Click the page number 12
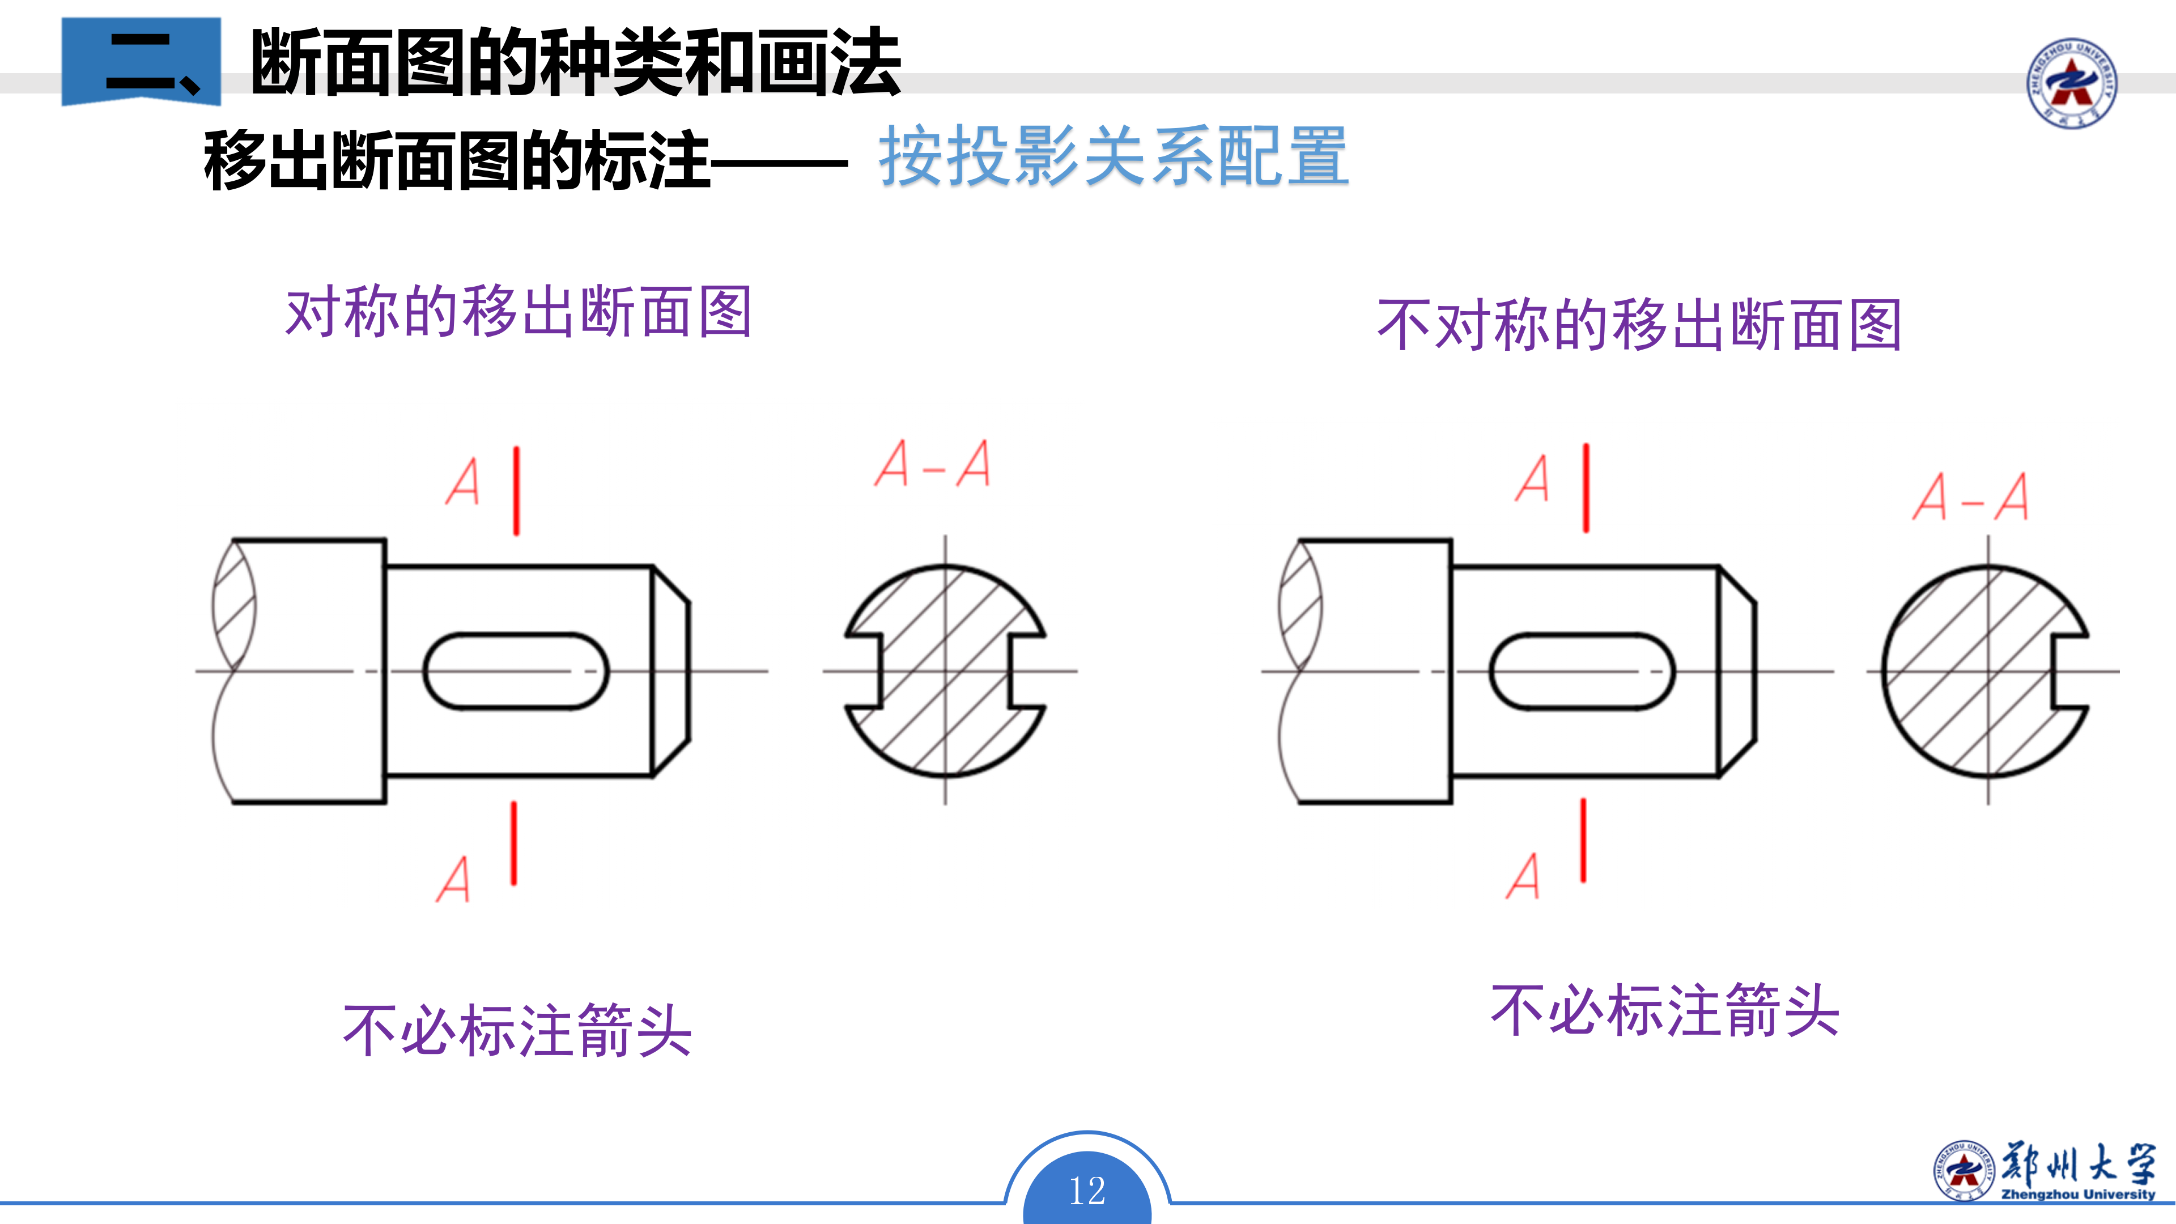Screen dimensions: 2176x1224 [x=1087, y=1191]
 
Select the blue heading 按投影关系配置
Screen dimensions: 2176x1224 [x=1113, y=156]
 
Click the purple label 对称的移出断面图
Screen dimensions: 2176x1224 [x=518, y=313]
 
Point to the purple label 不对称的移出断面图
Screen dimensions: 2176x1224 [x=1639, y=325]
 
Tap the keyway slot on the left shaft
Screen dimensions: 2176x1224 [x=515, y=671]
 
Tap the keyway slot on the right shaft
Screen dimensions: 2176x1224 [x=1582, y=671]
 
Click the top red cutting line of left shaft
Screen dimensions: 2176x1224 [x=516, y=491]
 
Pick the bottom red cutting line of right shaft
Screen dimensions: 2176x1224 [x=1583, y=840]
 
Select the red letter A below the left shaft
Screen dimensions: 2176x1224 [x=453, y=879]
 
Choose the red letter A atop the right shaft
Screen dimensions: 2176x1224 [x=1532, y=479]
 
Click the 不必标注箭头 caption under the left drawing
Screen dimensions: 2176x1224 [x=517, y=1031]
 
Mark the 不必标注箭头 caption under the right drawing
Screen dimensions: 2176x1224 [x=1664, y=1011]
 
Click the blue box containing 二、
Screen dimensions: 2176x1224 [x=141, y=62]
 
